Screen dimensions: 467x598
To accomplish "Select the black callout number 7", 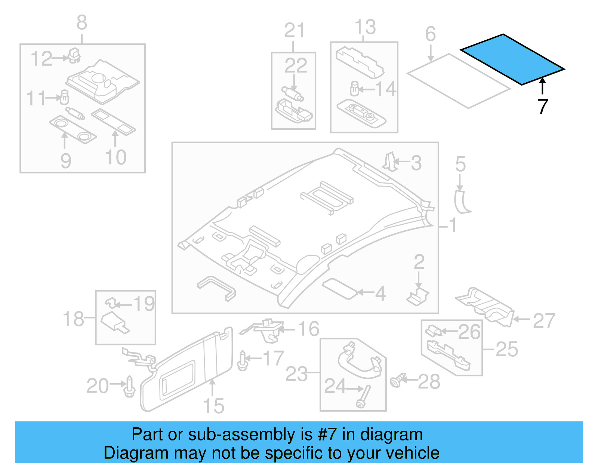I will click(x=543, y=106).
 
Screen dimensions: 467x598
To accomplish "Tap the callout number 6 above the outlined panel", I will click(x=431, y=34).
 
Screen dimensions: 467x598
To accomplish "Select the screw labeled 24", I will click(x=364, y=397).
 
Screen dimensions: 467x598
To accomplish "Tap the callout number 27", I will click(x=544, y=321).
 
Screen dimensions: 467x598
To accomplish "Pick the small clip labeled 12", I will click(x=74, y=55).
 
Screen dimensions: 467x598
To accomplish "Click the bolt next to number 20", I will click(x=129, y=387).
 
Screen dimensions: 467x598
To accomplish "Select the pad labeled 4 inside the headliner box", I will click(x=340, y=288).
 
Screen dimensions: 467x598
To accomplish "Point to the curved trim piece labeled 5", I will click(x=462, y=202).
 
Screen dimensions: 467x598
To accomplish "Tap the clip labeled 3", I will click(x=389, y=162).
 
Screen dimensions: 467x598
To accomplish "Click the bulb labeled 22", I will click(x=293, y=93).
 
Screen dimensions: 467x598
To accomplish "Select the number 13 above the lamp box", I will click(x=365, y=27).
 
